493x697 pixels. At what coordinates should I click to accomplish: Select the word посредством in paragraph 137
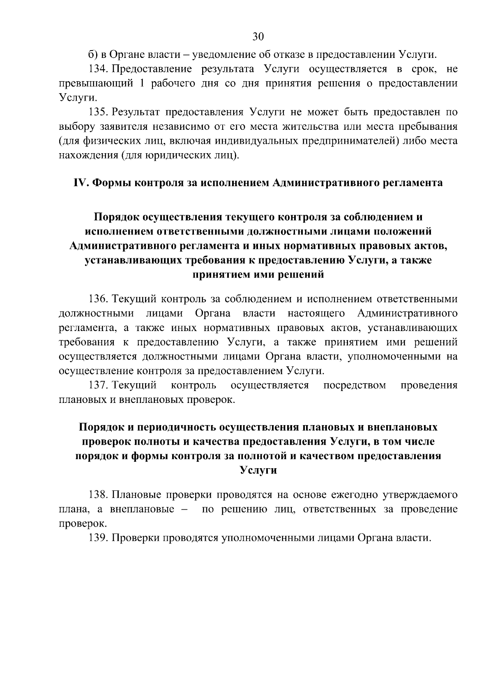(355, 385)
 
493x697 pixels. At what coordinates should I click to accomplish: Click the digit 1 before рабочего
(143, 83)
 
